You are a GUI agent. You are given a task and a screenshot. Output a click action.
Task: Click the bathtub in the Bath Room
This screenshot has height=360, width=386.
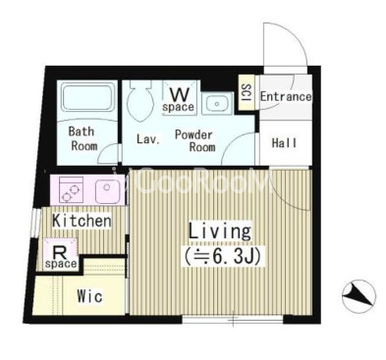(87, 97)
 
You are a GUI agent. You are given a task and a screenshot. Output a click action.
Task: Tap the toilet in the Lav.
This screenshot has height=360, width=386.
(140, 101)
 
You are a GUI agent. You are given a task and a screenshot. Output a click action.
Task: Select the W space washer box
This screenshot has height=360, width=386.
(180, 98)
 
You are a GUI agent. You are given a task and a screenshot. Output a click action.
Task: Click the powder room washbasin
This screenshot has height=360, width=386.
(216, 103)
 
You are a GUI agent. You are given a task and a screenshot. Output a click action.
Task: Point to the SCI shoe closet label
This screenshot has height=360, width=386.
(246, 92)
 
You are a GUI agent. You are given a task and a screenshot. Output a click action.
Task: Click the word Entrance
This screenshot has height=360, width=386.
(286, 96)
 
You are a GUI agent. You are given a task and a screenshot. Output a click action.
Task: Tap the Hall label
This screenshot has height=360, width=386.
(284, 143)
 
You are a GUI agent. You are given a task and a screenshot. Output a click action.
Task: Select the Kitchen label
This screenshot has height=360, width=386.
(82, 221)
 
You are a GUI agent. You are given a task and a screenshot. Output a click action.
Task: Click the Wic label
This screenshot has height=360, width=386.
(89, 296)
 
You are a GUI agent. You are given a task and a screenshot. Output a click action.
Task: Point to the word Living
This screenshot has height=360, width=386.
(220, 231)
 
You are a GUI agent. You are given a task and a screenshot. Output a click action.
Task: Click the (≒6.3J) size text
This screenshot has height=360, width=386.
(223, 257)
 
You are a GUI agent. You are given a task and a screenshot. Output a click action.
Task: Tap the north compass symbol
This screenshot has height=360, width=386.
(358, 296)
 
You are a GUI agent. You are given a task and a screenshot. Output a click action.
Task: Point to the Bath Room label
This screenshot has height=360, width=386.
(83, 138)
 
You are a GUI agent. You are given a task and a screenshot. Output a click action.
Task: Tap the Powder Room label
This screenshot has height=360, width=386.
(195, 140)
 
